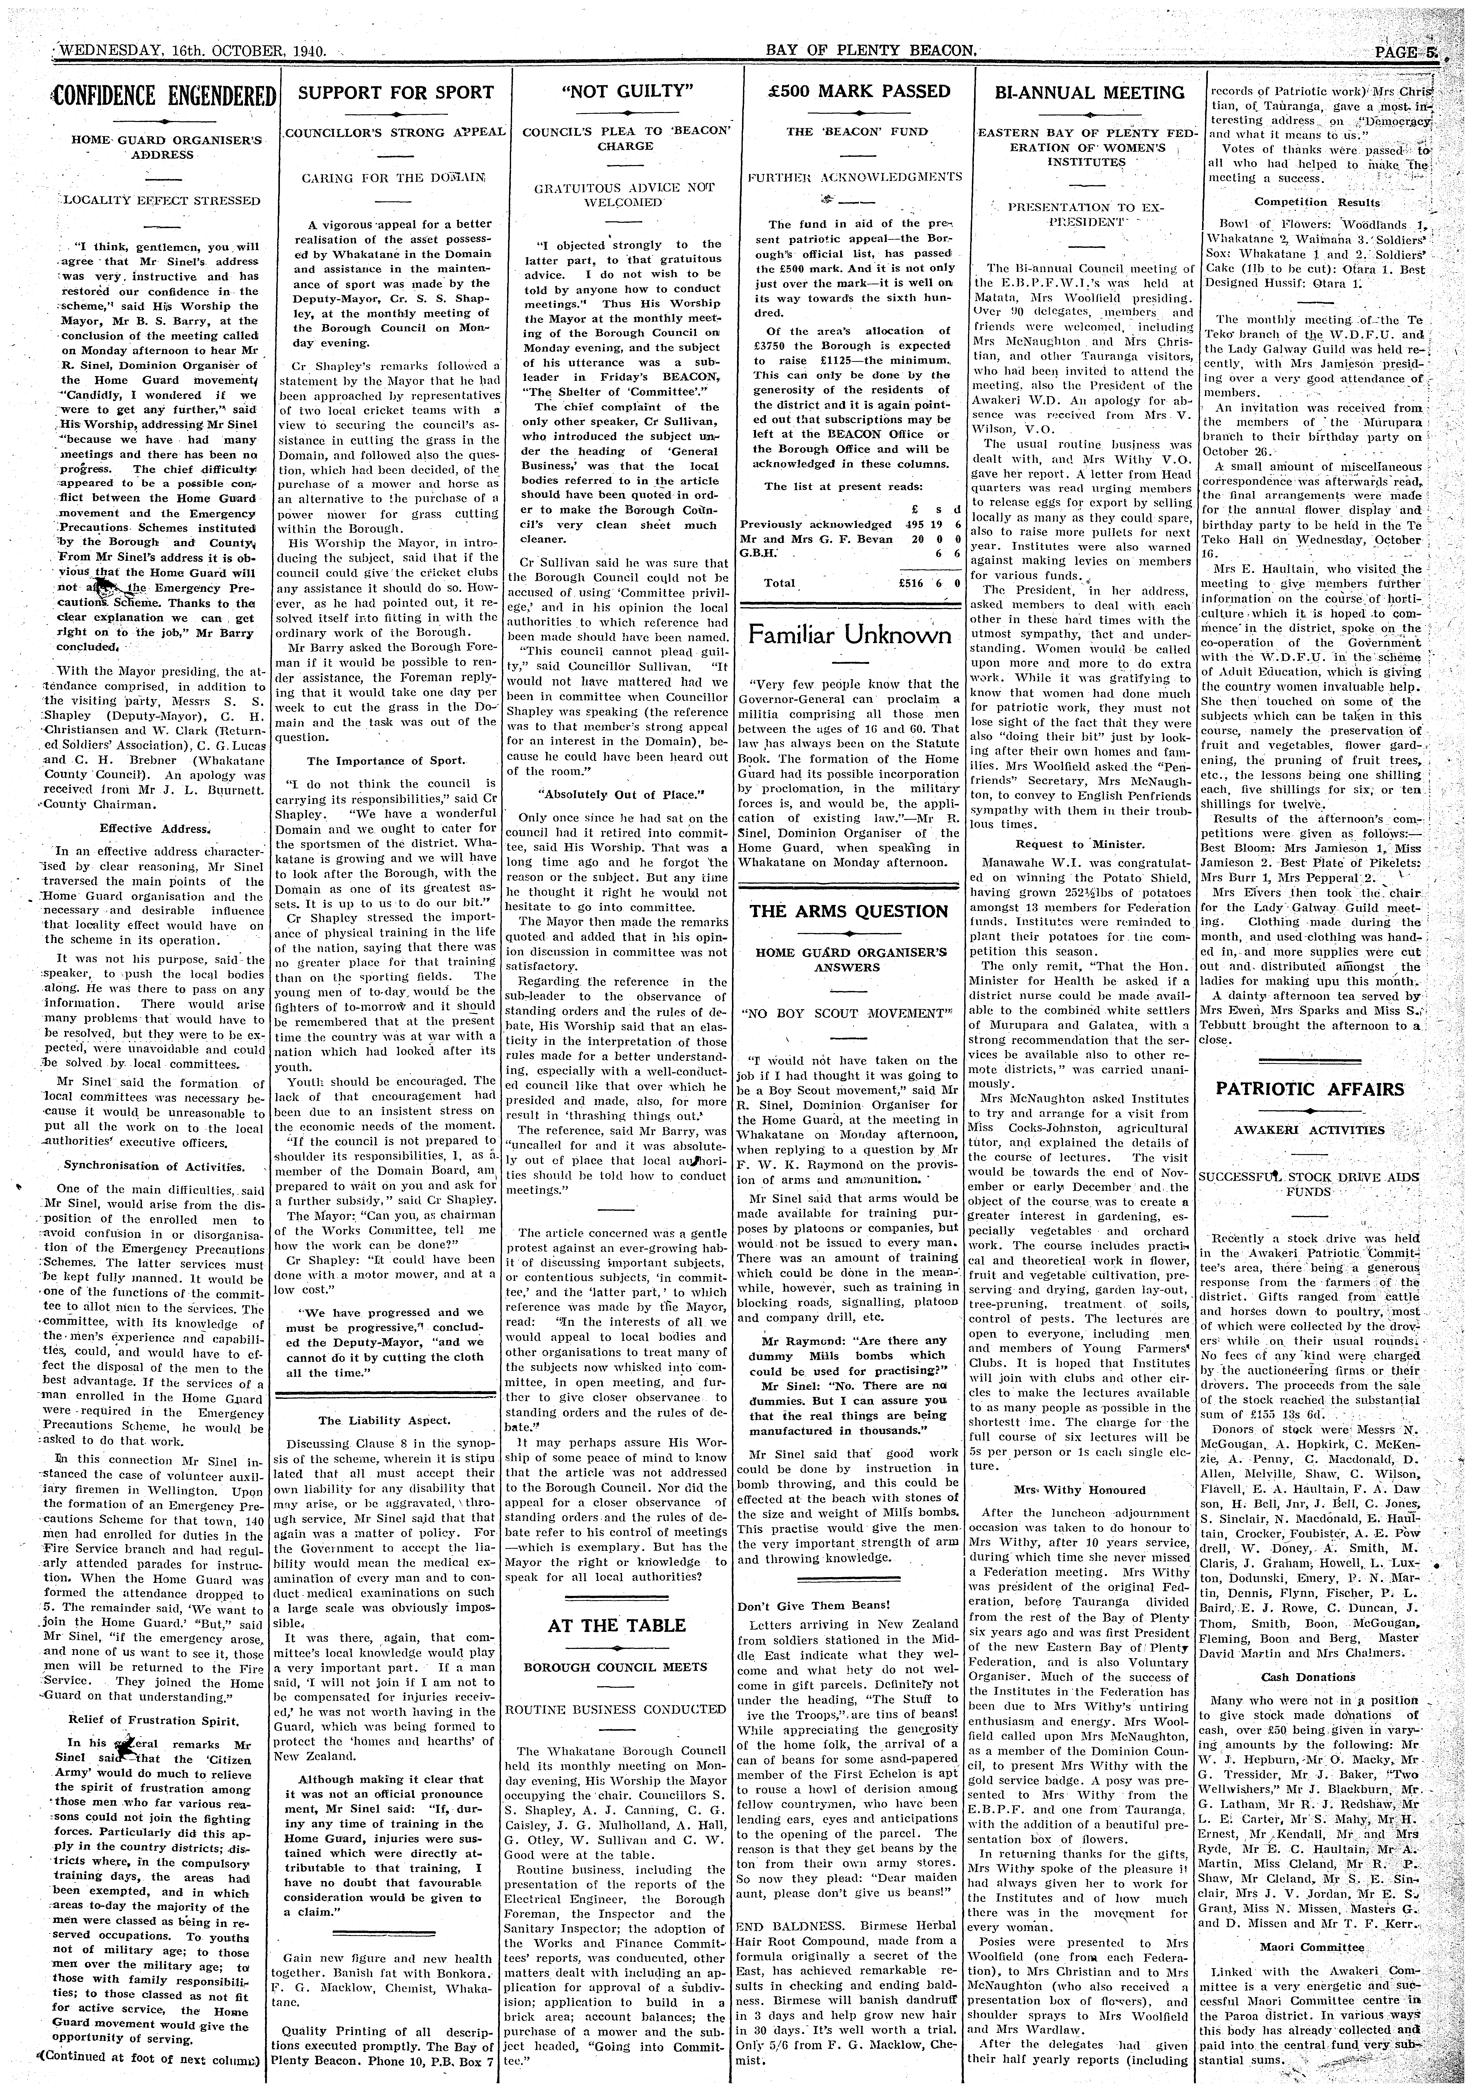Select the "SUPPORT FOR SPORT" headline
coord(395,93)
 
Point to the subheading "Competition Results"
coord(1316,202)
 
